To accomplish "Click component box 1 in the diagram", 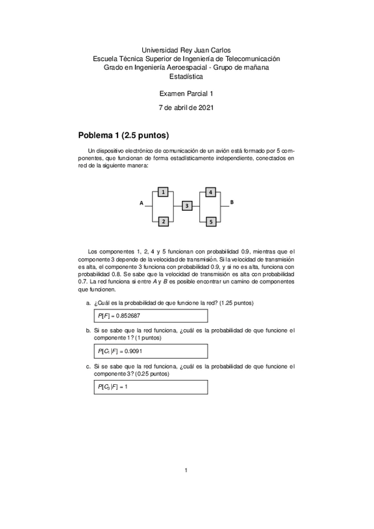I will click(163, 193).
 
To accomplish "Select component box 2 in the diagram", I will click(163, 221).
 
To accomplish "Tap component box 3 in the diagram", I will click(187, 206).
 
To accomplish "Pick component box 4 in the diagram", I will click(211, 192).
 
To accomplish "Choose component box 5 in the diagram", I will click(211, 221).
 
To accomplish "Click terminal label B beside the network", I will click(232, 203).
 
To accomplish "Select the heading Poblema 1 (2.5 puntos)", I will click(124, 135).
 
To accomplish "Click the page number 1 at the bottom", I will click(186, 470).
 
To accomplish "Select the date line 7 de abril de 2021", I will click(187, 108).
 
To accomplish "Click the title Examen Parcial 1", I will click(187, 93).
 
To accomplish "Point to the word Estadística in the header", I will click(186, 76).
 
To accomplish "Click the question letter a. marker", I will click(89, 303).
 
